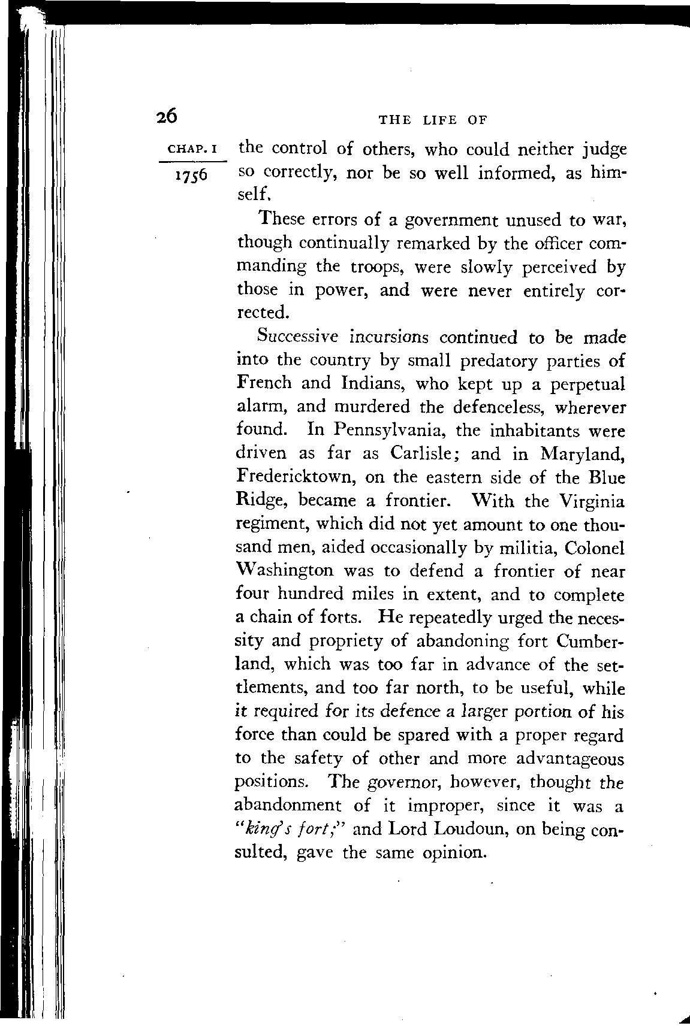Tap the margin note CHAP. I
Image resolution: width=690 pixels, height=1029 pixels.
tap(188, 148)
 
